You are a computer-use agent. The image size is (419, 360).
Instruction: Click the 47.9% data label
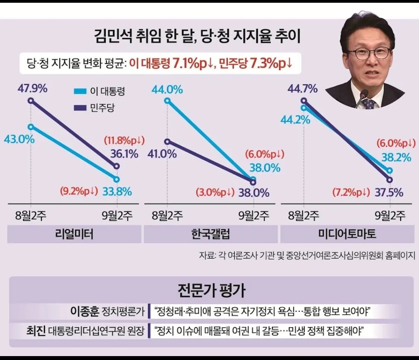click(x=33, y=89)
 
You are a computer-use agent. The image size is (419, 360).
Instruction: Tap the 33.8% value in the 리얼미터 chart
click(x=117, y=192)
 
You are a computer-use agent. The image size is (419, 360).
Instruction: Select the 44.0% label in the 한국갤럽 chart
click(x=167, y=89)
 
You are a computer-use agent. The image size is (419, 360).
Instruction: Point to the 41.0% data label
click(x=162, y=154)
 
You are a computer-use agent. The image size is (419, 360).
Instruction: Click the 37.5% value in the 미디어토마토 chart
click(x=389, y=192)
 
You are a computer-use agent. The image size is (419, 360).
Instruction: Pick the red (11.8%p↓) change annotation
click(x=124, y=140)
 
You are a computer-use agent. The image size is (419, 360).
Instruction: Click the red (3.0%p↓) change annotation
click(x=215, y=192)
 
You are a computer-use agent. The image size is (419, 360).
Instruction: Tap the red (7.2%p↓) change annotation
click(x=351, y=192)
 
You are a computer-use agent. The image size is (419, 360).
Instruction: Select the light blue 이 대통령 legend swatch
click(x=80, y=91)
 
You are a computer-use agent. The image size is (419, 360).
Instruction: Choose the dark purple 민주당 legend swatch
click(x=80, y=108)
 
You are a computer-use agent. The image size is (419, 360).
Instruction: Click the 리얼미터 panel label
click(x=74, y=234)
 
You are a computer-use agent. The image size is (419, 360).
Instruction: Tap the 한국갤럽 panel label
click(x=211, y=234)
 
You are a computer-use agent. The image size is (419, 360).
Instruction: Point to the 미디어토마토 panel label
click(x=347, y=234)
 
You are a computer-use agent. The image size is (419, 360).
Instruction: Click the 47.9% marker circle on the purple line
click(x=31, y=101)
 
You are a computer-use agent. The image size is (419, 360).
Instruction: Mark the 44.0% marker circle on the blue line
click(x=167, y=101)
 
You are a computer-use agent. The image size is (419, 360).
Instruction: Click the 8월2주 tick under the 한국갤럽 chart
click(x=167, y=215)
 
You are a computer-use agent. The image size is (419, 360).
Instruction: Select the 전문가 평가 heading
click(x=211, y=290)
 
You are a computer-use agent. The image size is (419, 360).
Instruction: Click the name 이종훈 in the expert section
click(x=85, y=311)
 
